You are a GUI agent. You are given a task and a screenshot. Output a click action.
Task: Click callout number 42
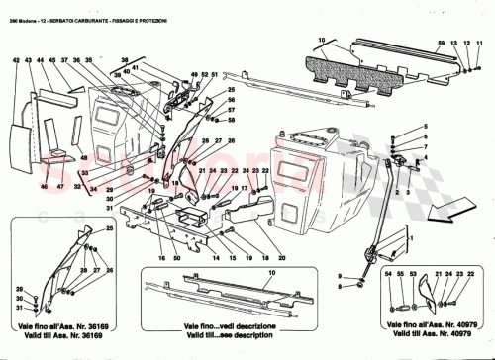16,61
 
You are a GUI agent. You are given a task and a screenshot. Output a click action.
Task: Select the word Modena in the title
29,8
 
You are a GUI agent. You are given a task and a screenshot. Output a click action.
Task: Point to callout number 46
43,185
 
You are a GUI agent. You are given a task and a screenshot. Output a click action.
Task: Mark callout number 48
84,159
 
